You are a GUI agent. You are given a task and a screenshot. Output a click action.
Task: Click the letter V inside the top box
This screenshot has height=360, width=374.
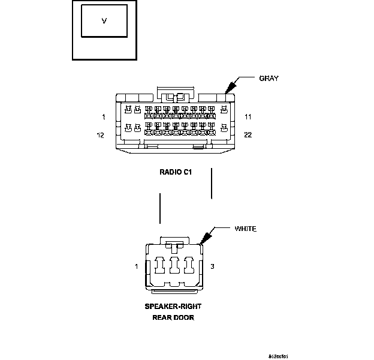tap(104, 21)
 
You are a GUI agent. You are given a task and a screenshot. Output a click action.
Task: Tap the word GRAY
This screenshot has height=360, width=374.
tap(269, 78)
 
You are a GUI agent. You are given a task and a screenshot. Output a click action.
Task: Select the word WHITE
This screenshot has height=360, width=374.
tap(245, 229)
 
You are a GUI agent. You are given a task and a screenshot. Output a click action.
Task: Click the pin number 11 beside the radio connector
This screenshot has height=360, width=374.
tap(248, 116)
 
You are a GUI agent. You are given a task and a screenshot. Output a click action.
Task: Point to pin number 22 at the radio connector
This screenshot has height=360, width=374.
tap(248, 135)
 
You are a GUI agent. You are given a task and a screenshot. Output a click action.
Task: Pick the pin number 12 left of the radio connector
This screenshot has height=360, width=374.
tap(101, 135)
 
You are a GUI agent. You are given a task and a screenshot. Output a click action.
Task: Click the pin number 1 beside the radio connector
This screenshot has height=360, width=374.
tap(104, 116)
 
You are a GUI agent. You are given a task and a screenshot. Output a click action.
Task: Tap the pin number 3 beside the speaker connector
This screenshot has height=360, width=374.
tap(212, 266)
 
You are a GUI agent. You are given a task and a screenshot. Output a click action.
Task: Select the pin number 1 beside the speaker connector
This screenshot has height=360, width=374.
tap(137, 266)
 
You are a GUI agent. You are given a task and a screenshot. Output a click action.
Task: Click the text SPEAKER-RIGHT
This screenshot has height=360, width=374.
tap(173, 306)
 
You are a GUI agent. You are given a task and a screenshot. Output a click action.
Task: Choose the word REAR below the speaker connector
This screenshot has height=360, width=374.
tap(161, 317)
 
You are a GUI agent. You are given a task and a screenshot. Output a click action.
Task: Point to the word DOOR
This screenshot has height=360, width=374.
tap(183, 317)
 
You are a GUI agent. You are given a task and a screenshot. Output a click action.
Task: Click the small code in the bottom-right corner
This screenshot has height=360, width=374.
tap(278, 356)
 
